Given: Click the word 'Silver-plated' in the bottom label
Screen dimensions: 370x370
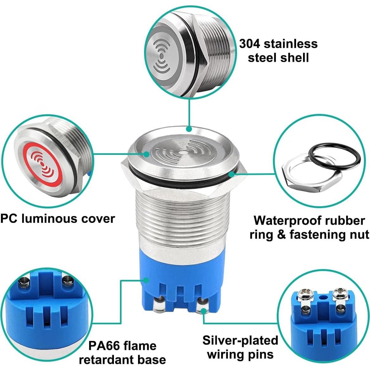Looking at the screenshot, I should [x=240, y=340].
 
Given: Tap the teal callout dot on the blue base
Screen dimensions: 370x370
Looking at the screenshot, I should [x=146, y=280].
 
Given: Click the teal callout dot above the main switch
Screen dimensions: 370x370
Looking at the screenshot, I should [x=189, y=129].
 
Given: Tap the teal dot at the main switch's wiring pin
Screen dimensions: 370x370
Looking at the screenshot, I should [x=203, y=312].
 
